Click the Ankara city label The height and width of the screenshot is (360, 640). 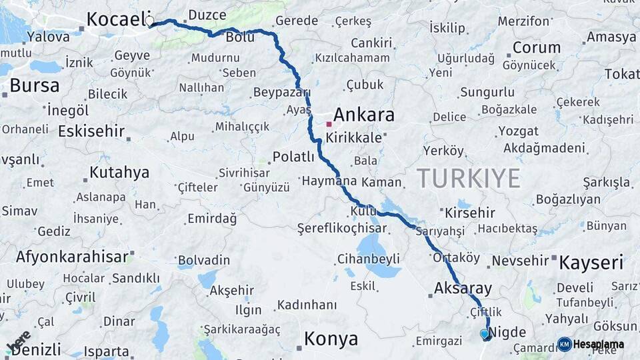point(363,115)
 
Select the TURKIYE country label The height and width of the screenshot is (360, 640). point(469,178)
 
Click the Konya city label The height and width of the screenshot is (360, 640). point(331,339)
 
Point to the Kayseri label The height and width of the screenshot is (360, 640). point(591,262)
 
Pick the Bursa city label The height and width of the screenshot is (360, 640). point(34,85)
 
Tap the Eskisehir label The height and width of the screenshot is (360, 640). point(91,131)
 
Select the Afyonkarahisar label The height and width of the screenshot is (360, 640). point(72,257)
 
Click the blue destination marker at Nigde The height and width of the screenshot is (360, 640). point(485,333)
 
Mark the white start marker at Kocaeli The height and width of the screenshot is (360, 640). point(149,21)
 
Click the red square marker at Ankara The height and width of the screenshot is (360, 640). point(329,124)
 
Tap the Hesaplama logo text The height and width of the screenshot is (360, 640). point(598,344)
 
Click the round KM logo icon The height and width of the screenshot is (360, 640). point(564,344)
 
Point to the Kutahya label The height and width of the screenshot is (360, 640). point(119,173)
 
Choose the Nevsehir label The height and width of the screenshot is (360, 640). point(519,261)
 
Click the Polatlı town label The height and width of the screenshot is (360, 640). point(293,157)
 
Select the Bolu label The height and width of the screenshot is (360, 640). point(240,37)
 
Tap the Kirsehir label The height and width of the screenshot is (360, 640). point(470,213)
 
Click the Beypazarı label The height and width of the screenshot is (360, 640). point(282,92)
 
